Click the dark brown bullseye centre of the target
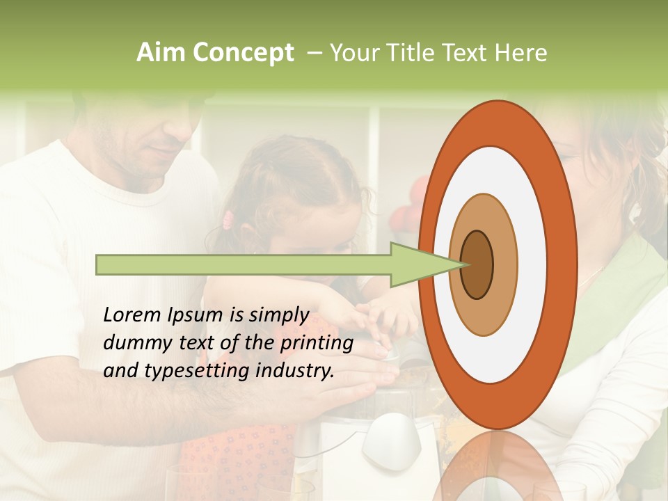pyautogui.click(x=477, y=264)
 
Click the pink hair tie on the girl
pyautogui.click(x=227, y=221)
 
